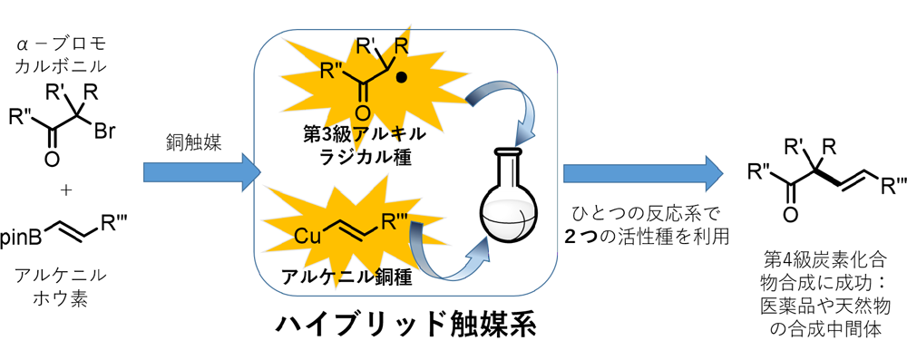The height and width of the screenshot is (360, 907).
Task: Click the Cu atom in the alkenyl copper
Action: coord(308,236)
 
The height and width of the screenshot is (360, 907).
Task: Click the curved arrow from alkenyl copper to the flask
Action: coord(444,254)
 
